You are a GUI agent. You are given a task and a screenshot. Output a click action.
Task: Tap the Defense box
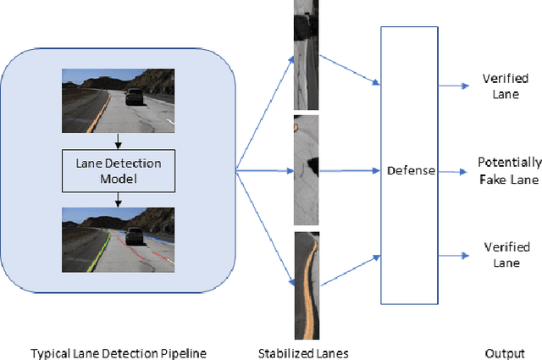point(411,170)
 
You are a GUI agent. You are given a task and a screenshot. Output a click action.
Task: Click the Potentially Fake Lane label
point(509,170)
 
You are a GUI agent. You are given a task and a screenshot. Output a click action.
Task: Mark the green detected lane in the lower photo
point(102,246)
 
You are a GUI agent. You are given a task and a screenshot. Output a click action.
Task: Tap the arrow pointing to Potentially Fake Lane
point(454,170)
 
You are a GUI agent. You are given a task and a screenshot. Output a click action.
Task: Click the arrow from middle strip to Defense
point(347,170)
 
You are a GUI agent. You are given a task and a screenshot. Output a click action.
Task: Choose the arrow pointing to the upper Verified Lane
point(454,86)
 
